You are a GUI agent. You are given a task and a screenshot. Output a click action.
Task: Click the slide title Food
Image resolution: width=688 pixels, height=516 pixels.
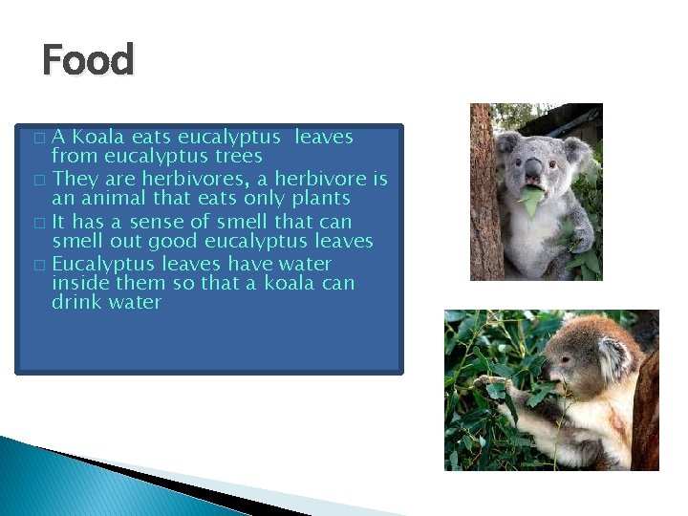click(x=88, y=61)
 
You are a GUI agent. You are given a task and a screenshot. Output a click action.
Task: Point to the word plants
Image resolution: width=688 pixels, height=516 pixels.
click(x=320, y=199)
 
